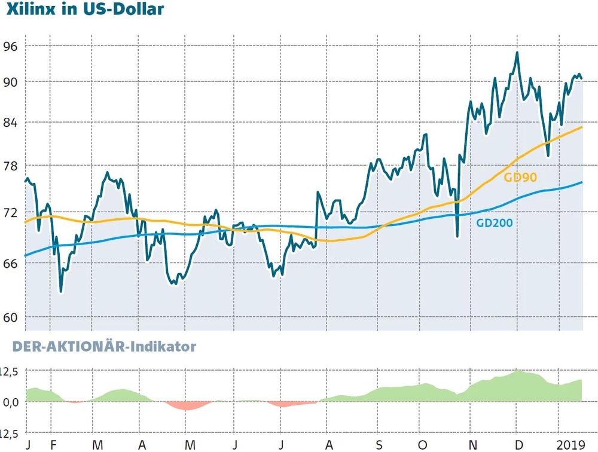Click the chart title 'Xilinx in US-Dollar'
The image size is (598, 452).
point(85,10)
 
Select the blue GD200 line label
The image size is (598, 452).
point(495,223)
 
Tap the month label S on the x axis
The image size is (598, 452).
point(378,445)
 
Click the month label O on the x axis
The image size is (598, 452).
point(423,445)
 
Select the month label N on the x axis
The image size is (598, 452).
point(472,445)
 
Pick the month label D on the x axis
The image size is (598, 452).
point(518,445)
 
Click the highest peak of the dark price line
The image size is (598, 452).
point(517,53)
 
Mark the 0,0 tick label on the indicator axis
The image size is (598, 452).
point(13,402)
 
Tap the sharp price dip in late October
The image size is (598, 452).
point(457,236)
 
